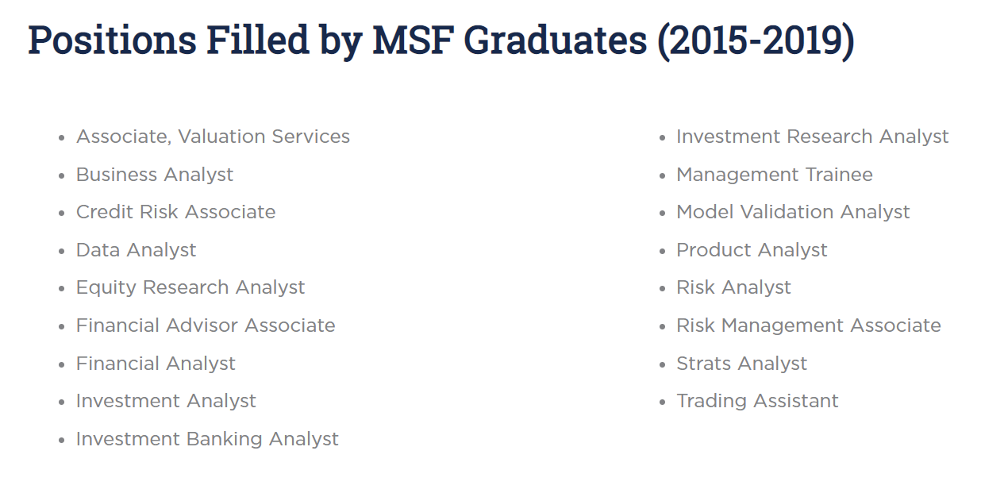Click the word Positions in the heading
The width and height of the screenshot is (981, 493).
tap(112, 40)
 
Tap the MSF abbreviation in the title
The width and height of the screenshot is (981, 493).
tap(413, 40)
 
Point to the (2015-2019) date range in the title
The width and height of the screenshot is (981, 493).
tap(756, 41)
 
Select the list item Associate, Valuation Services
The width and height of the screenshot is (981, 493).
tap(213, 137)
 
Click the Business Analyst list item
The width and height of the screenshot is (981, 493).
tap(155, 175)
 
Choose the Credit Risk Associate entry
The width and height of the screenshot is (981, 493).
tap(175, 212)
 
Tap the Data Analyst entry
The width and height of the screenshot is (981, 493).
tap(137, 250)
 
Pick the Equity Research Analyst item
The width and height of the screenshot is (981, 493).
tap(190, 288)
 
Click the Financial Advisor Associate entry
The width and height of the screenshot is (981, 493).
tap(206, 325)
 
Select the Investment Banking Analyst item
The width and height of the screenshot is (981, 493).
tap(207, 439)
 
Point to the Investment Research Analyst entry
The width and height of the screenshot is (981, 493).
tap(813, 137)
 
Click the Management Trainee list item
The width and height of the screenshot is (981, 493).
tap(775, 175)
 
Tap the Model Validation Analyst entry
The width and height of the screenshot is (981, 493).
tap(793, 212)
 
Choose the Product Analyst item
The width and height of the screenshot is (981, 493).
tap(752, 250)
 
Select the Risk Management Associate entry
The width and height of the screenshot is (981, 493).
tap(809, 325)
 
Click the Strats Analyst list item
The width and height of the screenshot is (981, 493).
tap(741, 364)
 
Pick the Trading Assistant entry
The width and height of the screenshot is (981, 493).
tap(757, 402)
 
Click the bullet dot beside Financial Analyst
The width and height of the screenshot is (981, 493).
tap(62, 364)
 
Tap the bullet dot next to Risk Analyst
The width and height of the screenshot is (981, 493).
tap(662, 289)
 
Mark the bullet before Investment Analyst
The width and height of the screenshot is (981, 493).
tap(62, 402)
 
